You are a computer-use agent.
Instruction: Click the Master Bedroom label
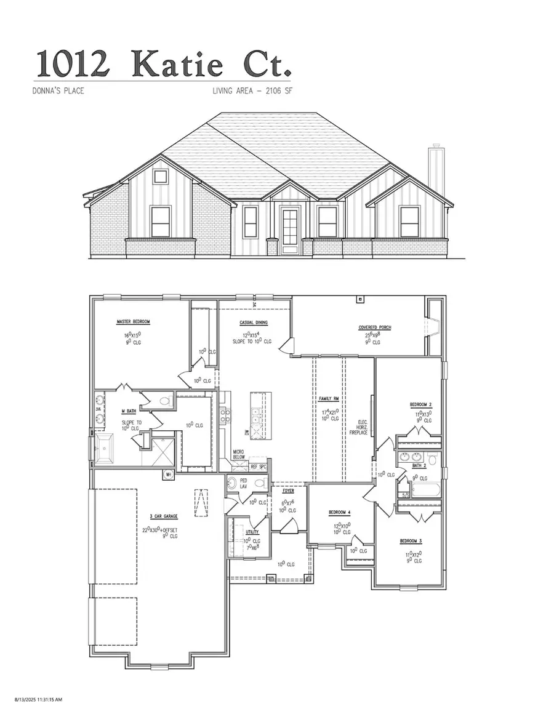click(x=133, y=322)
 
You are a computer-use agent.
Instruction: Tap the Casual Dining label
click(x=252, y=322)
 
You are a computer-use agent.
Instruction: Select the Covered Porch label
click(x=375, y=327)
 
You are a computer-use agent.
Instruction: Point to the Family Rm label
click(x=326, y=399)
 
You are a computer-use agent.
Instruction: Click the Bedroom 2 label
click(x=421, y=405)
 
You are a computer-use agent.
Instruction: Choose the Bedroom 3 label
click(x=411, y=541)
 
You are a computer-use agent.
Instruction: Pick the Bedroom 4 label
click(x=340, y=512)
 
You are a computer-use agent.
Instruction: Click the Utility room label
click(x=252, y=532)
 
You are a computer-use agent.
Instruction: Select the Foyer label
click(x=288, y=491)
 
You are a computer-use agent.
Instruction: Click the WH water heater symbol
click(x=168, y=474)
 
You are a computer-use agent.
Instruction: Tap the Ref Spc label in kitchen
click(x=258, y=467)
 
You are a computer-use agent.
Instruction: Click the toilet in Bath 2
click(x=432, y=459)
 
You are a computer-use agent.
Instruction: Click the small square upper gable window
click(x=161, y=177)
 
